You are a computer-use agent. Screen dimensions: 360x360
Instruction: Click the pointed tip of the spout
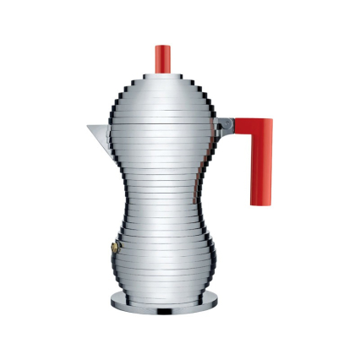[x=86, y=128]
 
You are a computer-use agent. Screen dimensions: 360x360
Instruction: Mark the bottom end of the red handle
[x=259, y=204]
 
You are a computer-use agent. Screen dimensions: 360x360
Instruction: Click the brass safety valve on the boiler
[x=107, y=248]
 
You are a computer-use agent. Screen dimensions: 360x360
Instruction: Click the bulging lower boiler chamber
[x=158, y=254]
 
